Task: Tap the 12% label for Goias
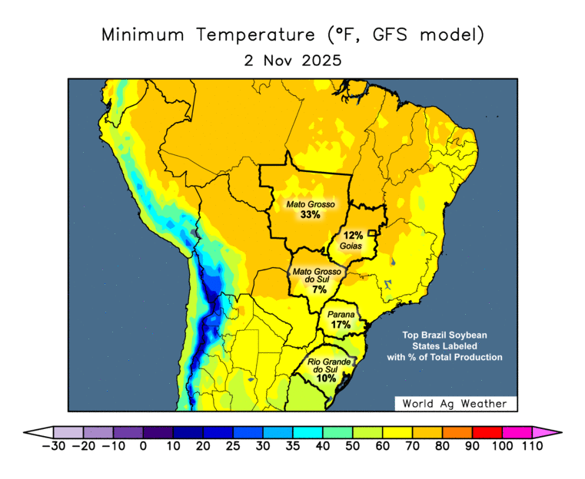[353, 236]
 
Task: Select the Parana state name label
[341, 315]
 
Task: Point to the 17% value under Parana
[340, 325]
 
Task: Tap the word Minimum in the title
[145, 35]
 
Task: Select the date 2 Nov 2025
[293, 60]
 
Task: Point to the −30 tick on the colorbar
[53, 446]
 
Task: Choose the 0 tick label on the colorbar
[143, 446]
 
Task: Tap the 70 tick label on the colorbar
[413, 446]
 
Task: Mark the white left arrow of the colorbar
[38, 432]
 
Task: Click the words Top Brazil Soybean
[445, 336]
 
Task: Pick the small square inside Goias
[373, 233]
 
